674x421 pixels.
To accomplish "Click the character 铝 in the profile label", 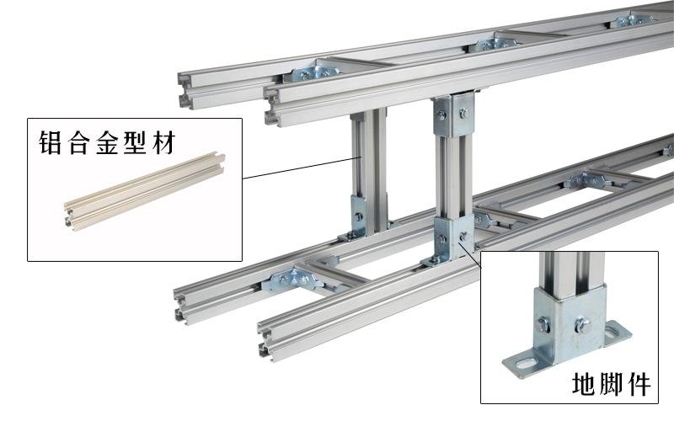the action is (x=50, y=142).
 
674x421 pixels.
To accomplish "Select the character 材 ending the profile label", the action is (x=163, y=142).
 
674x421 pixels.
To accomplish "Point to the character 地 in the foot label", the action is (x=584, y=384).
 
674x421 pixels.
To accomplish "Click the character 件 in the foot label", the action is (x=638, y=384).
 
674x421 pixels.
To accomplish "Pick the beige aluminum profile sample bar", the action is (x=145, y=191).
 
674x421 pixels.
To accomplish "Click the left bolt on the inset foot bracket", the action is (x=543, y=324).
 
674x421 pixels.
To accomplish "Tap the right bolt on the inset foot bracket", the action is (x=581, y=324).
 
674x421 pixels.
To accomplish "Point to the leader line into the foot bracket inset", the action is (x=470, y=255).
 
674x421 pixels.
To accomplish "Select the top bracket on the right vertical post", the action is (x=454, y=114).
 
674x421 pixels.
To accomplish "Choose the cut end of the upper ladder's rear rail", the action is (x=185, y=91).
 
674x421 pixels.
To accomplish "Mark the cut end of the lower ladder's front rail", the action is (x=266, y=339).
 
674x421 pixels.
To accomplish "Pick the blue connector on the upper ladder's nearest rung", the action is (x=309, y=73).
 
